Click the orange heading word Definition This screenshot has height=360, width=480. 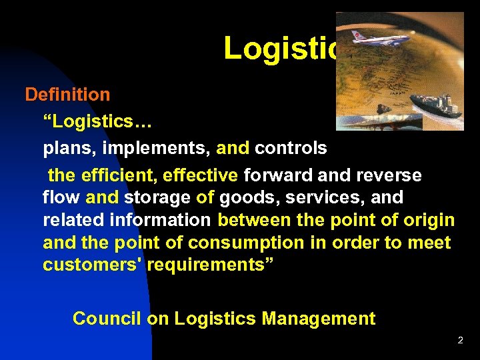tap(67, 95)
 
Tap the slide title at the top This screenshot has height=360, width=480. tap(280, 48)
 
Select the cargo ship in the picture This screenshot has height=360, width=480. tap(437, 105)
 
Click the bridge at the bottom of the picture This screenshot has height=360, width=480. tap(380, 123)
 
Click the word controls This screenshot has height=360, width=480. tap(291, 148)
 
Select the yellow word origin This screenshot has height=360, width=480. tap(427, 220)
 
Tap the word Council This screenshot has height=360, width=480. tap(107, 319)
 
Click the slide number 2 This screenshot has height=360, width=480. tap(460, 341)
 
